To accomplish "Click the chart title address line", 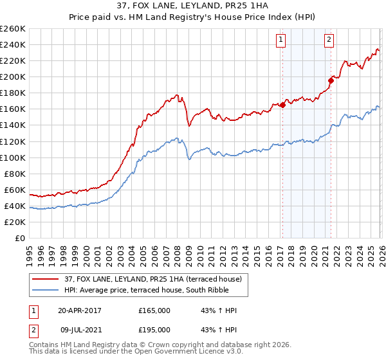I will [192, 6].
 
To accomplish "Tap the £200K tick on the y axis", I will [13, 76].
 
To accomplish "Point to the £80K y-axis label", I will [15, 174].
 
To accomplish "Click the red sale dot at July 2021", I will [331, 80].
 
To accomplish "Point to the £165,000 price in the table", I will [154, 310].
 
